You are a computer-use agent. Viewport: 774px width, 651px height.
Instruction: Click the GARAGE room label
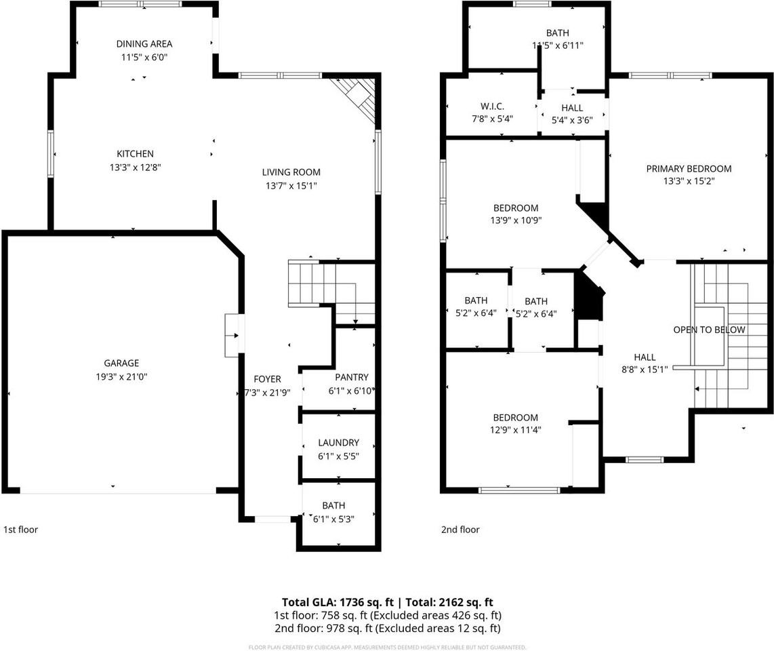point(121,363)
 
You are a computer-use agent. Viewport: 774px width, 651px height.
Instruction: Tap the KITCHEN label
point(136,154)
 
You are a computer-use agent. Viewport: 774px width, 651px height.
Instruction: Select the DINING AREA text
point(144,44)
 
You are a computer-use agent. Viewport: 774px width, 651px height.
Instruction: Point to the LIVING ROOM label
point(291,172)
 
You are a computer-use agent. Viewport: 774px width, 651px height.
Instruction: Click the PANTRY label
point(352,377)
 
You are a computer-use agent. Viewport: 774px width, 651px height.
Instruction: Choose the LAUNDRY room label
point(339,443)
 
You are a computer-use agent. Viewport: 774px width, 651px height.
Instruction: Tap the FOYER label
point(268,379)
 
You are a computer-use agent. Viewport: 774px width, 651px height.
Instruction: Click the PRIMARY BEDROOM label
point(689,169)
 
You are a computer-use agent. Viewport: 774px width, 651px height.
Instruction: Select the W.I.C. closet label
point(492,106)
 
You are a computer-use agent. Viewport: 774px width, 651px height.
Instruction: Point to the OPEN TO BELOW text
point(710,330)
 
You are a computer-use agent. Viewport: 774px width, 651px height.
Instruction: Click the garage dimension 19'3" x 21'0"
point(121,377)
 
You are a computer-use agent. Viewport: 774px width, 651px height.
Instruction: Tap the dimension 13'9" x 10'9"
point(516,220)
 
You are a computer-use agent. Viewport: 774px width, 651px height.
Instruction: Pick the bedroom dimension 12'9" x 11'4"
point(515,430)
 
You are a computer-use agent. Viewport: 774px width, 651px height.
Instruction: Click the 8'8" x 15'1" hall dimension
point(645,369)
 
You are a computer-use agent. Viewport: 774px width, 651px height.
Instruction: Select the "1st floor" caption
point(21,530)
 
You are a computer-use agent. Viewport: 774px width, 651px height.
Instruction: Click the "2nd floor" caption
point(460,530)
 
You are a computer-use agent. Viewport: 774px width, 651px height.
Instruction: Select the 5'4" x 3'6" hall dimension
point(572,120)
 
